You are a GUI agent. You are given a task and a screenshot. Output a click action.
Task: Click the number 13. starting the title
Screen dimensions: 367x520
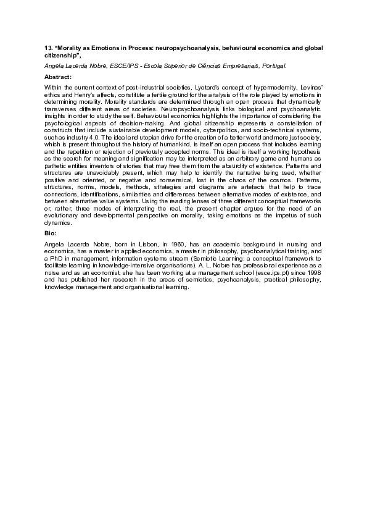tap(49, 48)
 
